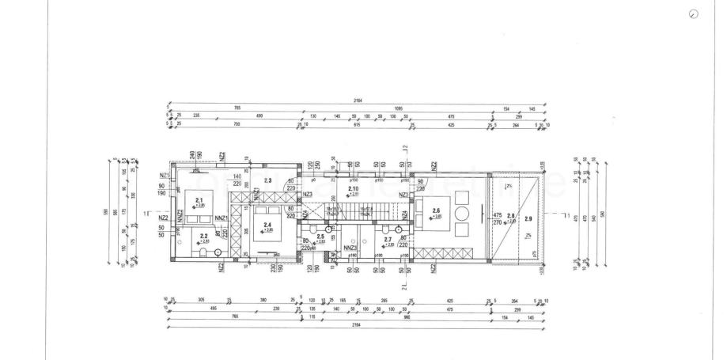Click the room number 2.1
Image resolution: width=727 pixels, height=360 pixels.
199,200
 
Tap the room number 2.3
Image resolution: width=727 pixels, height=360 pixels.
267,181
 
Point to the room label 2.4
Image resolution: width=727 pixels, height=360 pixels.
268,226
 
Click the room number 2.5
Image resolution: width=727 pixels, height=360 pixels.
320,236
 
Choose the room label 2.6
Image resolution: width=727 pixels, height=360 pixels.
436,210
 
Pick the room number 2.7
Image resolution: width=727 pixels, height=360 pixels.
388,239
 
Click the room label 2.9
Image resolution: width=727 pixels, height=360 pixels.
528,217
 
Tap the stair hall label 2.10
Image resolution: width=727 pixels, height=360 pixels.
353,189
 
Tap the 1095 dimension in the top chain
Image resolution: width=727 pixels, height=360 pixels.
397,108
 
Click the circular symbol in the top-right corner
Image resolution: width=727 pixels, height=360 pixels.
694,14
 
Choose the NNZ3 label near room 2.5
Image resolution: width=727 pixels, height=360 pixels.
351,248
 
